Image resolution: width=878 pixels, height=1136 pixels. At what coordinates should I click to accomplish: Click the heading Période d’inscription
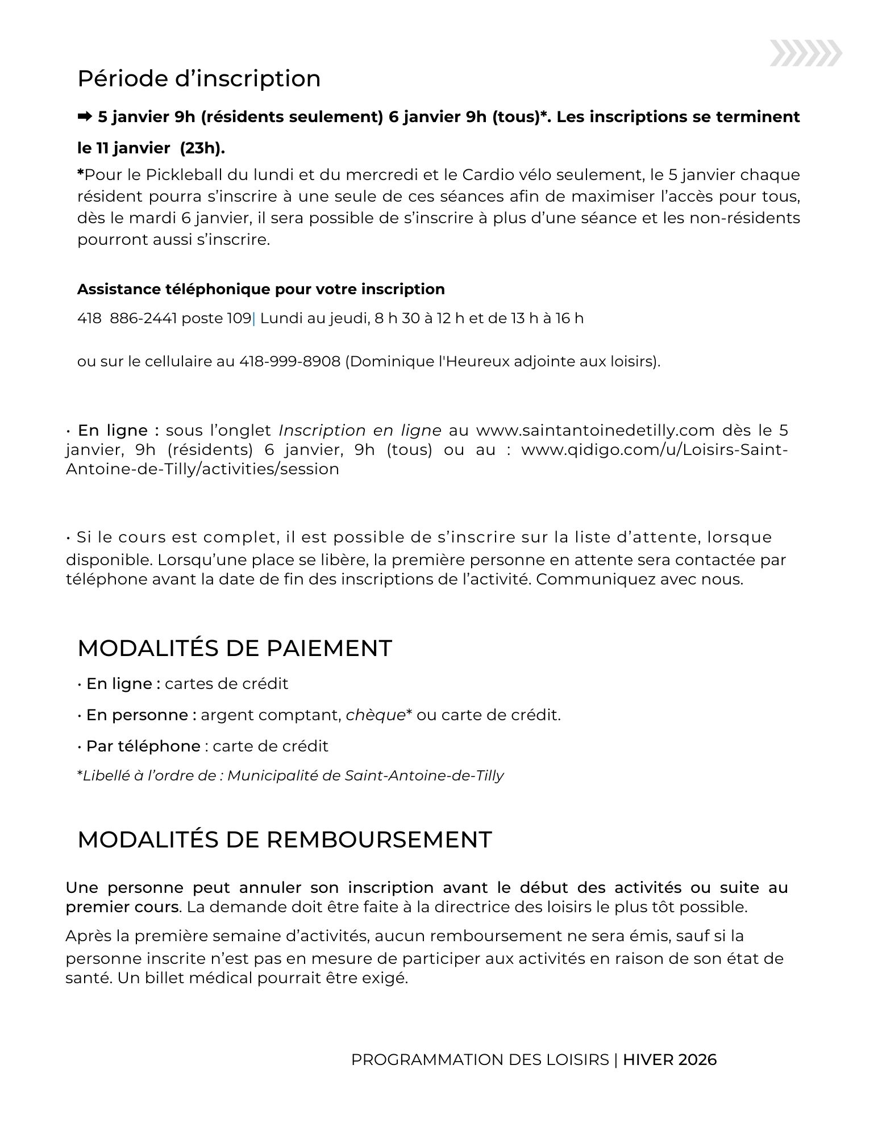(199, 78)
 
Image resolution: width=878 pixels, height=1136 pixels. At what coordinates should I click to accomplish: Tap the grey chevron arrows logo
(806, 53)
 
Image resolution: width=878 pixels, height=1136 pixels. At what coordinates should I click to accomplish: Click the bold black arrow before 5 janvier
(85, 117)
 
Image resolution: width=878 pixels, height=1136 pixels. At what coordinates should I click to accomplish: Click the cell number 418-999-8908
(290, 361)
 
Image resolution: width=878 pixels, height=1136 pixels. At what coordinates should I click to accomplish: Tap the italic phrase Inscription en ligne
(360, 430)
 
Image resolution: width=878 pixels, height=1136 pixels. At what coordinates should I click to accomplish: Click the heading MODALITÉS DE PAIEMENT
(235, 648)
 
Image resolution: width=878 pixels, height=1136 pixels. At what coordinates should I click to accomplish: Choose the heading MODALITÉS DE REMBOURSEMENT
(284, 840)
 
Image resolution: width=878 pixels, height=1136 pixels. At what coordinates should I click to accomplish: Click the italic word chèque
(375, 715)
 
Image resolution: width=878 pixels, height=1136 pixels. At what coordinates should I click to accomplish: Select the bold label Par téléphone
(143, 746)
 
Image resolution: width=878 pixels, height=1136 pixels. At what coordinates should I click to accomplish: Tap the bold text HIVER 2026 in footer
(669, 1060)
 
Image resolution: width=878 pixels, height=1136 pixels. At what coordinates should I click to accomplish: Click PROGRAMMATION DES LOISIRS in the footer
(480, 1060)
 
